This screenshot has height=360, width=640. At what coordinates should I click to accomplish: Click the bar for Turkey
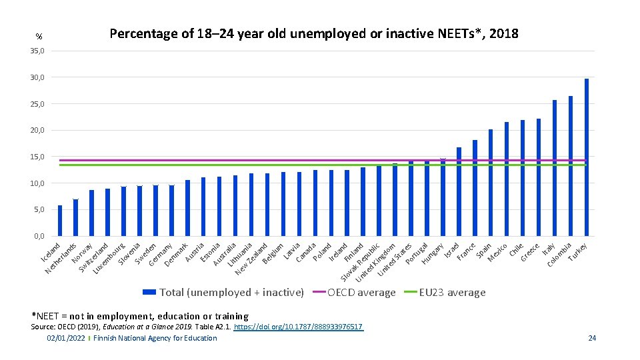pyautogui.click(x=587, y=157)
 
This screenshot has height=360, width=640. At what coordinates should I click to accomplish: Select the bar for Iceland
pyautogui.click(x=60, y=221)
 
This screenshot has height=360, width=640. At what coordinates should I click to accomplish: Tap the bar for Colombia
pyautogui.click(x=571, y=166)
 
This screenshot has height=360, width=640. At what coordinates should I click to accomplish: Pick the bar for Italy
pyautogui.click(x=555, y=168)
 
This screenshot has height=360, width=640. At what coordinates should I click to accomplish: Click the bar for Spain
pyautogui.click(x=491, y=183)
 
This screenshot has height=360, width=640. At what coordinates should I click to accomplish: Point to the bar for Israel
pyautogui.click(x=459, y=192)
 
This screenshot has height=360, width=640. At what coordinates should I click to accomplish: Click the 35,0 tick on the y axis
pyautogui.click(x=37, y=51)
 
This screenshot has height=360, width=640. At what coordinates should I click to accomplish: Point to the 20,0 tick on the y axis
pyautogui.click(x=37, y=131)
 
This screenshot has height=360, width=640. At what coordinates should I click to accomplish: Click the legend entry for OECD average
pyautogui.click(x=361, y=293)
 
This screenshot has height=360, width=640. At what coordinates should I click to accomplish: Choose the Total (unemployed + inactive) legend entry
pyautogui.click(x=231, y=293)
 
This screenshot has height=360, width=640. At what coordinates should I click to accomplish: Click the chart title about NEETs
pyautogui.click(x=313, y=33)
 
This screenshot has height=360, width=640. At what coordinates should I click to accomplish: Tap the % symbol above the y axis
pyautogui.click(x=39, y=37)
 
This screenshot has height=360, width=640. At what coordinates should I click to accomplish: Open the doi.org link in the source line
pyautogui.click(x=299, y=327)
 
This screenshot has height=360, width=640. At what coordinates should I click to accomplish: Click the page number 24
pyautogui.click(x=592, y=339)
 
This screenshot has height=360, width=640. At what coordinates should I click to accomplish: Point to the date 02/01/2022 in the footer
pyautogui.click(x=66, y=339)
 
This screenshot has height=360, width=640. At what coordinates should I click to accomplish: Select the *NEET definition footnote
pyautogui.click(x=140, y=316)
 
